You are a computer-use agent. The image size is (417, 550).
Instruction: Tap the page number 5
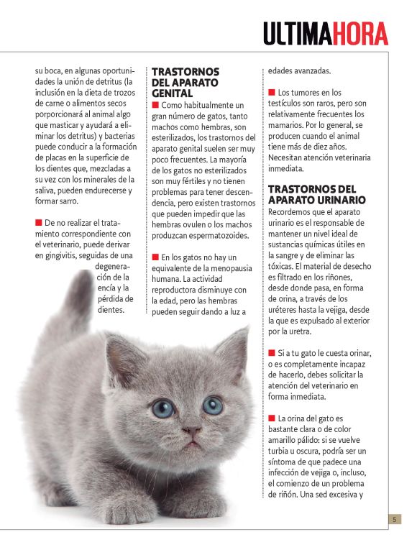click(395, 519)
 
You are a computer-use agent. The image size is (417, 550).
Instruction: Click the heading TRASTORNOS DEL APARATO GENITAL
click(185, 83)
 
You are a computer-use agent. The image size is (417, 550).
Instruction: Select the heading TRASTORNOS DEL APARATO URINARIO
click(316, 194)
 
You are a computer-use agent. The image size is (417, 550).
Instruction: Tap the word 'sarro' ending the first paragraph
click(61, 201)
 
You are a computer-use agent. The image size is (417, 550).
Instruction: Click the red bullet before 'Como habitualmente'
click(155, 106)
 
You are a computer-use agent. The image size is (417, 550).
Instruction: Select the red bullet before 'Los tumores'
click(272, 93)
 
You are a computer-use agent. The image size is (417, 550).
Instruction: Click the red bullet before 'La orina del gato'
click(272, 418)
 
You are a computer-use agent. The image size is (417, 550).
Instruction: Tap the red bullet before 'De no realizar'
click(39, 223)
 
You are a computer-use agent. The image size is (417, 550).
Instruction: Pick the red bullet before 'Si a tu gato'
click(272, 353)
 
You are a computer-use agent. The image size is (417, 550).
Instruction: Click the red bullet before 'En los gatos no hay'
click(155, 257)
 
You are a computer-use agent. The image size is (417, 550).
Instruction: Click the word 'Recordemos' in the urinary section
click(293, 212)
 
